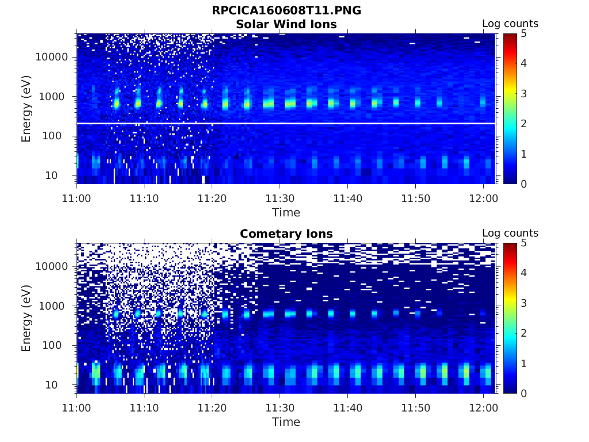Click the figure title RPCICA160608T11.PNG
286,10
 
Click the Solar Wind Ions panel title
286,24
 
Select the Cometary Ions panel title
286,234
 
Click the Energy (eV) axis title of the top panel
26,109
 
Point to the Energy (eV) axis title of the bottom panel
26,318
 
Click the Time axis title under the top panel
286,212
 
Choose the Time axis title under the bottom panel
286,422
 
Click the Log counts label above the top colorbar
510,24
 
